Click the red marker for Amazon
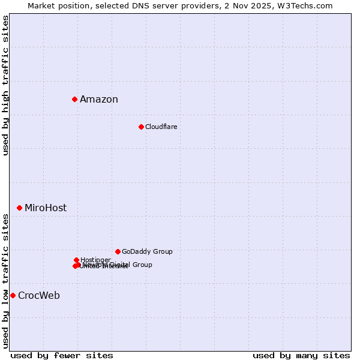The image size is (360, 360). click(74, 99)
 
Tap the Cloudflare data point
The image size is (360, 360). click(141, 127)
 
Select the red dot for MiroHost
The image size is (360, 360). click(19, 208)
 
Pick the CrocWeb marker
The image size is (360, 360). click(13, 295)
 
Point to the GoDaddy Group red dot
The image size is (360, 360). click(118, 251)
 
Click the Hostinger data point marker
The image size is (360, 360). click(76, 260)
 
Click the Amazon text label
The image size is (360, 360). click(99, 100)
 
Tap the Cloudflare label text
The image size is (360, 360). click(161, 127)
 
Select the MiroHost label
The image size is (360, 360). click(46, 208)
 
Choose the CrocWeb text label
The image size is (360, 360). click(39, 296)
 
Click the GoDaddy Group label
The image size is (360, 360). click(147, 251)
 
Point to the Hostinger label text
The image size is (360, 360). click(95, 260)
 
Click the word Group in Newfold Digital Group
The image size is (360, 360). click(142, 265)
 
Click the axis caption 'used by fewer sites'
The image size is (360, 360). click(62, 355)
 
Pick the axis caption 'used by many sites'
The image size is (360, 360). click(301, 355)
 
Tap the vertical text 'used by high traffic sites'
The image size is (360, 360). click(5, 86)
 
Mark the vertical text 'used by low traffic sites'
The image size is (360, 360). click(5, 280)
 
